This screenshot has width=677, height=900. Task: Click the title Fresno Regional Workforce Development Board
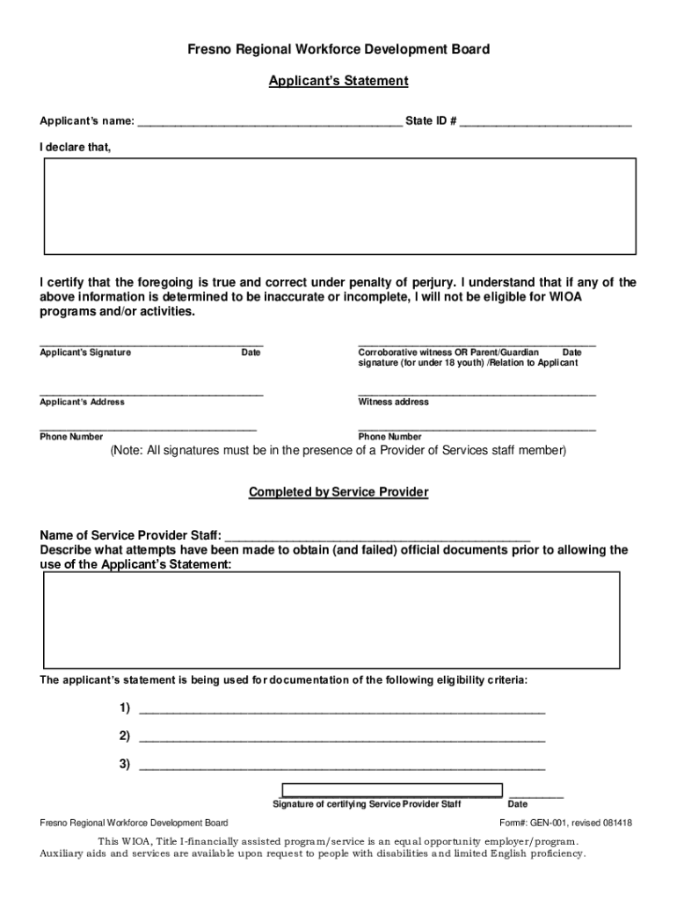338,49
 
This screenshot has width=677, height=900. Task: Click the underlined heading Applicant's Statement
338,81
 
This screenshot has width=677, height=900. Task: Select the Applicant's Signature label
85,352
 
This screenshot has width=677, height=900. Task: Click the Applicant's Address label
82,402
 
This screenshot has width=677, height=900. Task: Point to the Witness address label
393,402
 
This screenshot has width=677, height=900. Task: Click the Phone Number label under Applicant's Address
71,437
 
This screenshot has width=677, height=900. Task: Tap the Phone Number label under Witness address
389,437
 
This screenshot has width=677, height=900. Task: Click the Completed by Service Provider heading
338,492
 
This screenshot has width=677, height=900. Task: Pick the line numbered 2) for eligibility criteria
342,737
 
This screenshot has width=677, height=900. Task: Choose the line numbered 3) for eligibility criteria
342,766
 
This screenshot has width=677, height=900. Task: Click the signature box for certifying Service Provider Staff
391,789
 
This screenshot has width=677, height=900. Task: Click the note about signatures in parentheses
338,451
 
